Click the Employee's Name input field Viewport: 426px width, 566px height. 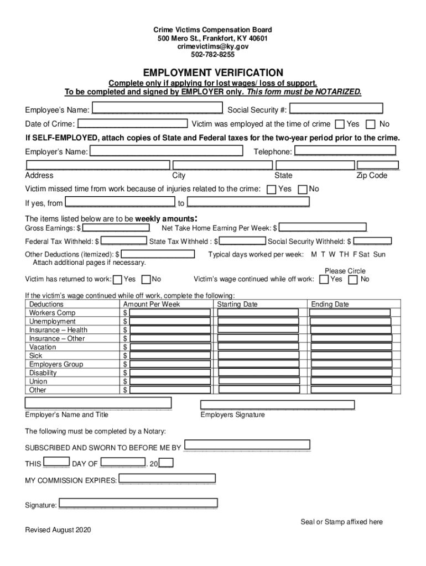[157, 109]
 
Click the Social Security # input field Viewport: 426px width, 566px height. [336, 109]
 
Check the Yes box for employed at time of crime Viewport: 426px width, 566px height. [340, 124]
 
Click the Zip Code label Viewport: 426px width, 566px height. [372, 176]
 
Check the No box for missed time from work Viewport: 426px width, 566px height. [303, 190]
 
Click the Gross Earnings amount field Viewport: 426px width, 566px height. [116, 228]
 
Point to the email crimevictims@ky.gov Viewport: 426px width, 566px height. [213, 47]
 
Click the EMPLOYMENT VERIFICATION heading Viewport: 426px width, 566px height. [213, 73]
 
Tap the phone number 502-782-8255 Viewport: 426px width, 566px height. [213, 55]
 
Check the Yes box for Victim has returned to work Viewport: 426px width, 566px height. [117, 279]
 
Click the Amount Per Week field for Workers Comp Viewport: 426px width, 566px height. [170, 313]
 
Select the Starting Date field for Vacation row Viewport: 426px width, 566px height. [258, 347]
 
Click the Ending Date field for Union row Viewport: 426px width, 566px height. [350, 381]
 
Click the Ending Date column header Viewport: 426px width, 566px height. [330, 305]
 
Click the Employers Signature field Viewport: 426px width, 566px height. [277, 405]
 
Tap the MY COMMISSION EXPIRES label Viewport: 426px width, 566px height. [71, 480]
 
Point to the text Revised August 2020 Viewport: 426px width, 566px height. [58, 530]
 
